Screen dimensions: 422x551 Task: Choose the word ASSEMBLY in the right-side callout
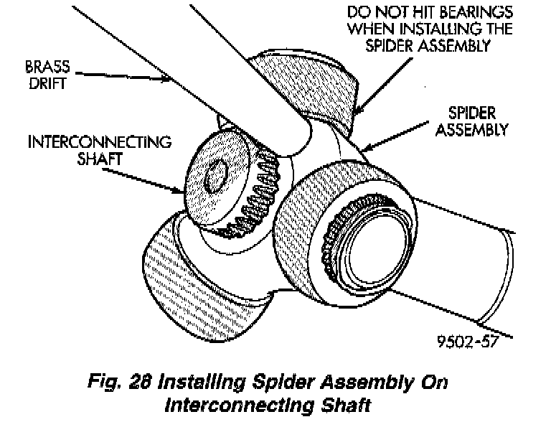pos(471,131)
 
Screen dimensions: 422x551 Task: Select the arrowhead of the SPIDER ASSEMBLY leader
pos(363,149)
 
